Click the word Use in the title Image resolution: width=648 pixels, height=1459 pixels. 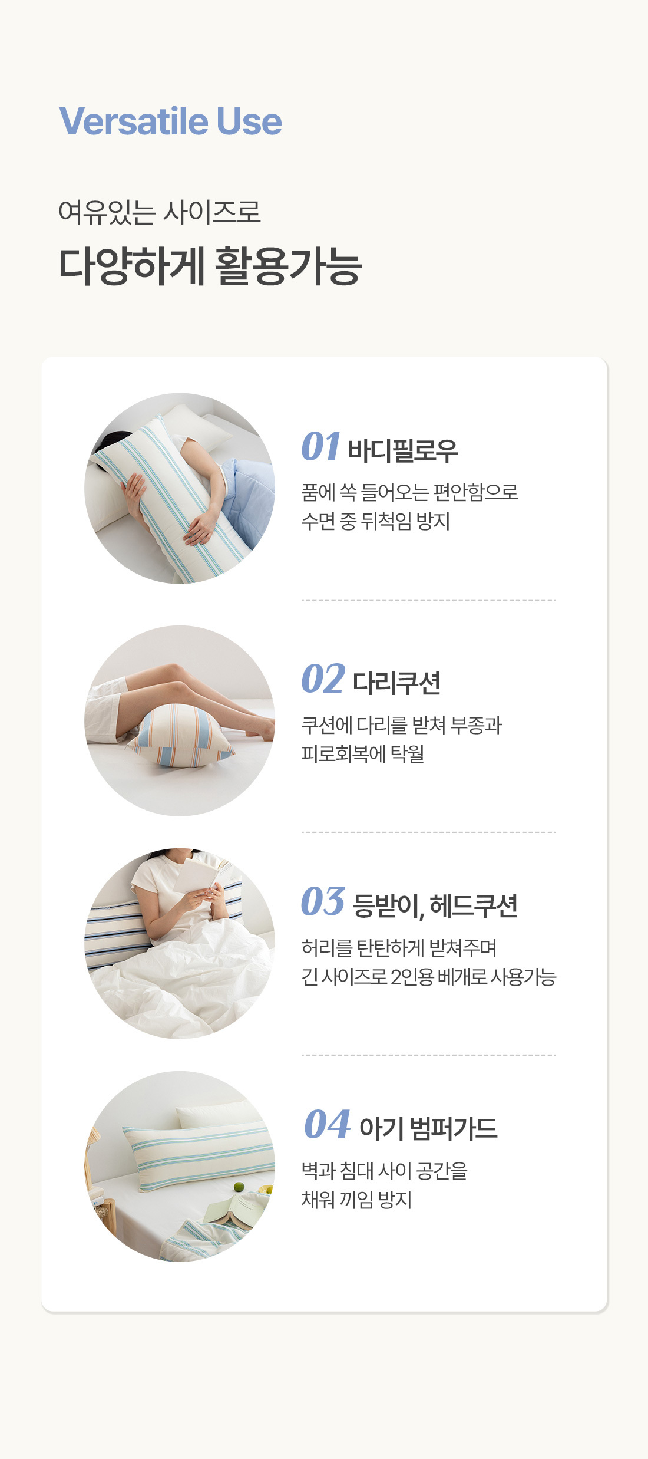pyautogui.click(x=249, y=121)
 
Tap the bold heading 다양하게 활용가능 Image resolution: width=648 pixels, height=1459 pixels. pyautogui.click(x=210, y=266)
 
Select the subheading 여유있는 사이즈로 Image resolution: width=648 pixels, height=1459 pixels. pyautogui.click(x=160, y=212)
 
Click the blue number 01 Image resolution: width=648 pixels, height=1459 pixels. pyautogui.click(x=321, y=446)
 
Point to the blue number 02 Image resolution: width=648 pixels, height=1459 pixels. pyautogui.click(x=323, y=679)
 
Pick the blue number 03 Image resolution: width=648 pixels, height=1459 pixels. pyautogui.click(x=323, y=901)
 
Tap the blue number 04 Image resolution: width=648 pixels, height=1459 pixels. pyautogui.click(x=327, y=1124)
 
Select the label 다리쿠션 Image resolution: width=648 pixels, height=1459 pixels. pyautogui.click(x=396, y=683)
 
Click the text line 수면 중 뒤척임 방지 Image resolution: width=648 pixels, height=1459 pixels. pyautogui.click(x=376, y=521)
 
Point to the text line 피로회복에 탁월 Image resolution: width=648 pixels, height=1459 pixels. pyautogui.click(x=363, y=753)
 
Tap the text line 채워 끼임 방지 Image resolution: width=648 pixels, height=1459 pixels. pyautogui.click(x=356, y=1199)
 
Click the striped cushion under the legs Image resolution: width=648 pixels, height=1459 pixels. pyautogui.click(x=181, y=736)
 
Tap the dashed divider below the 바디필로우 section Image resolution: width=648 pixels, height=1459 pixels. pyautogui.click(x=428, y=600)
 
